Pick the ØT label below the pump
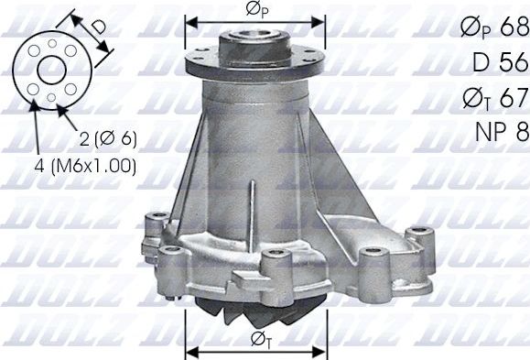tap(257, 342)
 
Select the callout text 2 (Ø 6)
tap(109, 139)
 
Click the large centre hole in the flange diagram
tap(51, 69)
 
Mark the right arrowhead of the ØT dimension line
tap(322, 349)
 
